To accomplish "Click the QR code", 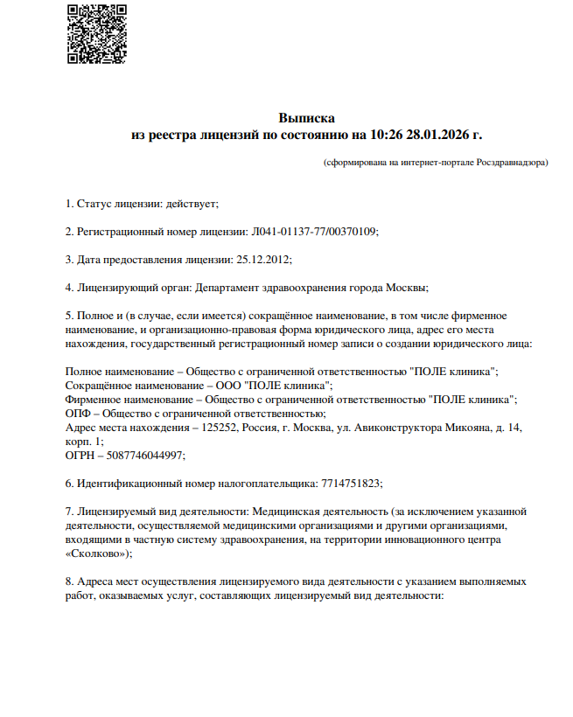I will pos(91,33).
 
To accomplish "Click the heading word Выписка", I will pos(306,118).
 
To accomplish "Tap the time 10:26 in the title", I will pos(386,136).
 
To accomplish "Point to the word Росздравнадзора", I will pos(511,163).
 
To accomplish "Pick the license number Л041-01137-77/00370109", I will pos(314,232).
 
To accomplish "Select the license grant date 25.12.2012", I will pos(263,260).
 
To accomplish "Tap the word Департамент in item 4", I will pos(225,287).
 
